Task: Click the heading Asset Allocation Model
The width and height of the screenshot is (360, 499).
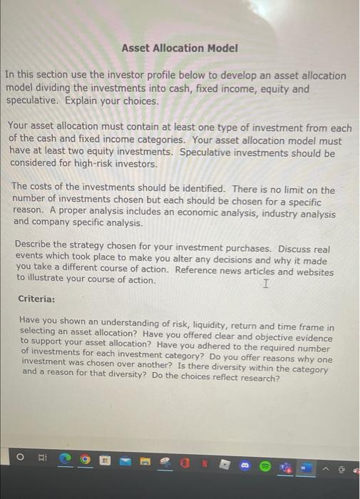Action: pos(179,48)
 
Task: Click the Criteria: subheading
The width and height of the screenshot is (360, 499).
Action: pos(38,299)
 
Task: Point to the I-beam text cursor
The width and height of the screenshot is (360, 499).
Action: pos(266,284)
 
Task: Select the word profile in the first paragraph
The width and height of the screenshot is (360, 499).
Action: pos(153,75)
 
